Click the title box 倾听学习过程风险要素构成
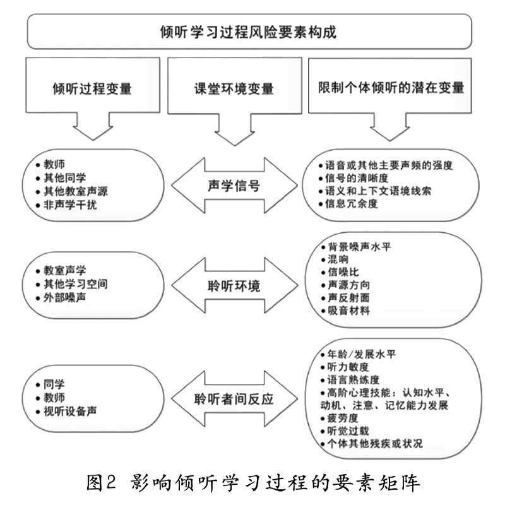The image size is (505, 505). (249, 32)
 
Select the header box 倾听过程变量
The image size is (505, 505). (93, 88)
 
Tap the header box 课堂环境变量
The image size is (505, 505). (235, 88)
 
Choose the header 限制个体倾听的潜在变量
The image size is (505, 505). (390, 88)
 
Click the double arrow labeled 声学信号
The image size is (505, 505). (234, 186)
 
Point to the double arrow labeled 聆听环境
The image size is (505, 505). (234, 285)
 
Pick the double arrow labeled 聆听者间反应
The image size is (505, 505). (234, 399)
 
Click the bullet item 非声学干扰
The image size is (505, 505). (67, 205)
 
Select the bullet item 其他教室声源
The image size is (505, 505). (72, 191)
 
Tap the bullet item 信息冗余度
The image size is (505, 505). (348, 203)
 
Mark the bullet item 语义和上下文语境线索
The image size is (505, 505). (375, 191)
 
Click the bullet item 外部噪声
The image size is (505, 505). (61, 297)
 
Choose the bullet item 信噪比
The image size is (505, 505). (340, 272)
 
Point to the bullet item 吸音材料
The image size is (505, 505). (345, 311)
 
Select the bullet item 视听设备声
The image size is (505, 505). (66, 411)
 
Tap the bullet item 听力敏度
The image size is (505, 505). (345, 367)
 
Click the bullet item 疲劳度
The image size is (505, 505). (340, 418)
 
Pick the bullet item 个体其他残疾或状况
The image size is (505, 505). (372, 444)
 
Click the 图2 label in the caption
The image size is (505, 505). (101, 482)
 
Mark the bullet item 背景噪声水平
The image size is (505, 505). (356, 247)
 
